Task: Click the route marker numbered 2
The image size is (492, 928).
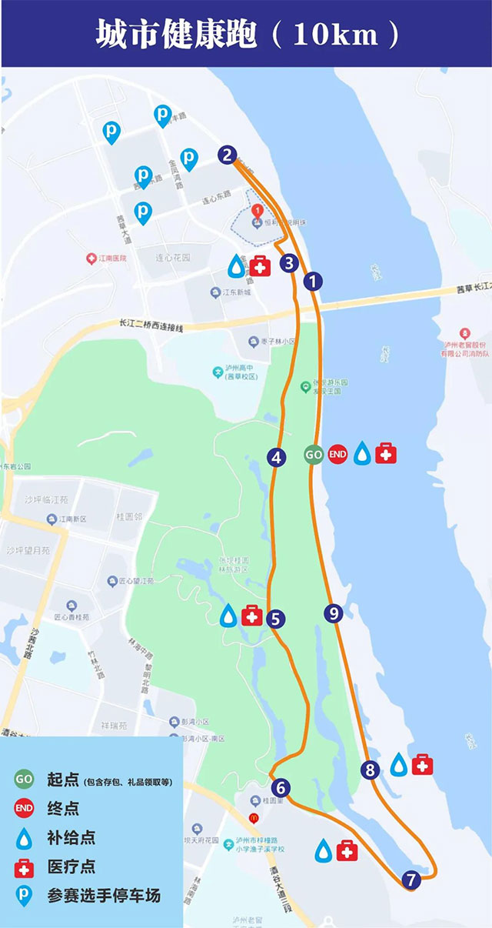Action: (x=226, y=155)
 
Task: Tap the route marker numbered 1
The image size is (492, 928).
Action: (x=312, y=282)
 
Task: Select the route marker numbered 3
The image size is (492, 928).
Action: (x=288, y=263)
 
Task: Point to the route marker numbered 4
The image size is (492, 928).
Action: (x=277, y=457)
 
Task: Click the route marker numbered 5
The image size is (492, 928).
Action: (x=275, y=617)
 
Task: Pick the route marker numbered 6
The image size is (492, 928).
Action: (x=281, y=788)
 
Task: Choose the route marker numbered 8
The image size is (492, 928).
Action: (x=371, y=769)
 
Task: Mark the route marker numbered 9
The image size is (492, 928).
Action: (x=332, y=613)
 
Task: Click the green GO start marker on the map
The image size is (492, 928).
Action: (x=314, y=455)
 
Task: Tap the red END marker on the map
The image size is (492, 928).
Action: (x=337, y=455)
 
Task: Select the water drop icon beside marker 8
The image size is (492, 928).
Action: (x=398, y=765)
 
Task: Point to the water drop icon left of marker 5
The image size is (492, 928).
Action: (x=229, y=616)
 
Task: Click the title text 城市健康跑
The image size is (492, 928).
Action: (x=176, y=35)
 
